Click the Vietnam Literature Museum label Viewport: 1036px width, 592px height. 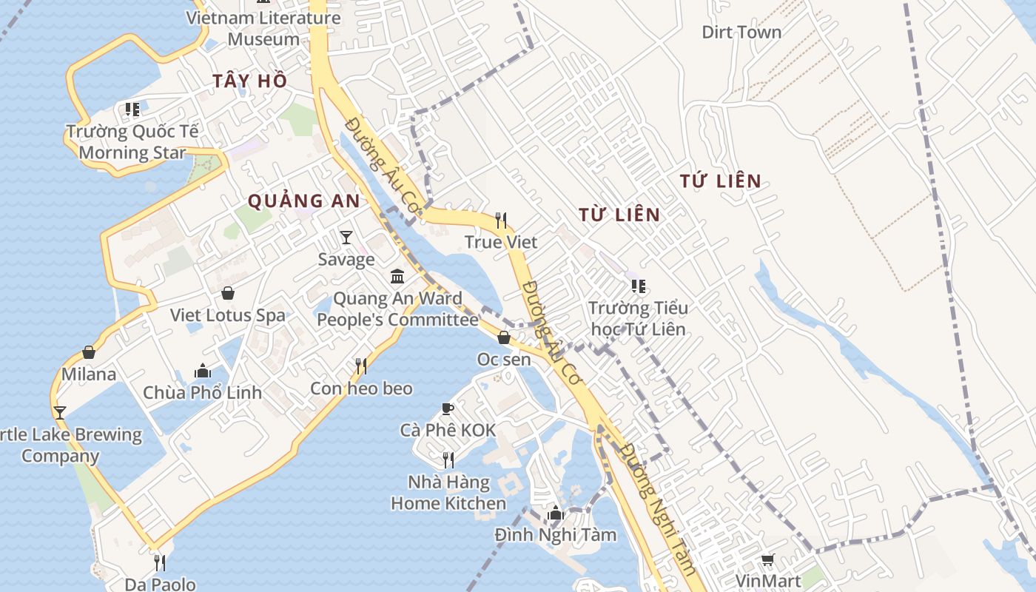[x=263, y=28]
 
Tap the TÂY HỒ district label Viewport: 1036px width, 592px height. [x=249, y=81]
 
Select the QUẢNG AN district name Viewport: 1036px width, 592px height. [x=303, y=201]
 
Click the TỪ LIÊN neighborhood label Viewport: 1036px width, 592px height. [x=619, y=215]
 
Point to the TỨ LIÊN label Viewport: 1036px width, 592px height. [x=721, y=181]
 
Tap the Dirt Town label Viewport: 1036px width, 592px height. [x=741, y=33]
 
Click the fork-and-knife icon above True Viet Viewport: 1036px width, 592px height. [x=501, y=221]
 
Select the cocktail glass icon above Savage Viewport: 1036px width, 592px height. [x=346, y=238]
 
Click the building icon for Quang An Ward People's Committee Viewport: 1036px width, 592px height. [x=397, y=277]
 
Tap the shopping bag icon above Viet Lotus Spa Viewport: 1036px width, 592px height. [x=228, y=293]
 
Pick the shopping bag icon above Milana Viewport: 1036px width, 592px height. [x=89, y=352]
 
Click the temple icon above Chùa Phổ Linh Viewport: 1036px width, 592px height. [x=202, y=371]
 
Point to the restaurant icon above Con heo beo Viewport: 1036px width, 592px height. [x=361, y=366]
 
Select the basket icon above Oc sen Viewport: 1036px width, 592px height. [x=504, y=337]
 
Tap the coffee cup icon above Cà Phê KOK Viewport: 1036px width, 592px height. [x=447, y=408]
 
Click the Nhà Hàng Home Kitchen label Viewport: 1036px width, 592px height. [x=448, y=493]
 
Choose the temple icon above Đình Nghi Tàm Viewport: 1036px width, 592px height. [x=556, y=513]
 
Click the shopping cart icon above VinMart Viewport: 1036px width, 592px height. [x=768, y=560]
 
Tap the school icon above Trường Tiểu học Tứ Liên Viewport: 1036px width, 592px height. [x=638, y=286]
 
